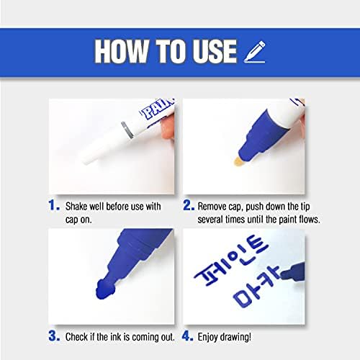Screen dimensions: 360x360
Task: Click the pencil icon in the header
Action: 255,52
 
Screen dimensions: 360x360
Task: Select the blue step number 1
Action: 54,206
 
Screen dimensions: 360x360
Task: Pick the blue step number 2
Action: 189,206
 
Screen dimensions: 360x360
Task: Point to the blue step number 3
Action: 54,336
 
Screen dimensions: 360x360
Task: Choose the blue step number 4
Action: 188,336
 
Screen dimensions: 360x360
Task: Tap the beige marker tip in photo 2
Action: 240,161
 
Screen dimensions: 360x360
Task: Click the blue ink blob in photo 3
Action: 106,289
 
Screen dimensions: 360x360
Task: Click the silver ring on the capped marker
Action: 127,130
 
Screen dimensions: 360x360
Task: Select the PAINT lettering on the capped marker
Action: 157,109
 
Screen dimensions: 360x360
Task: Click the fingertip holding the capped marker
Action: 168,127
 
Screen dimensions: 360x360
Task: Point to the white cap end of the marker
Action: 86,158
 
